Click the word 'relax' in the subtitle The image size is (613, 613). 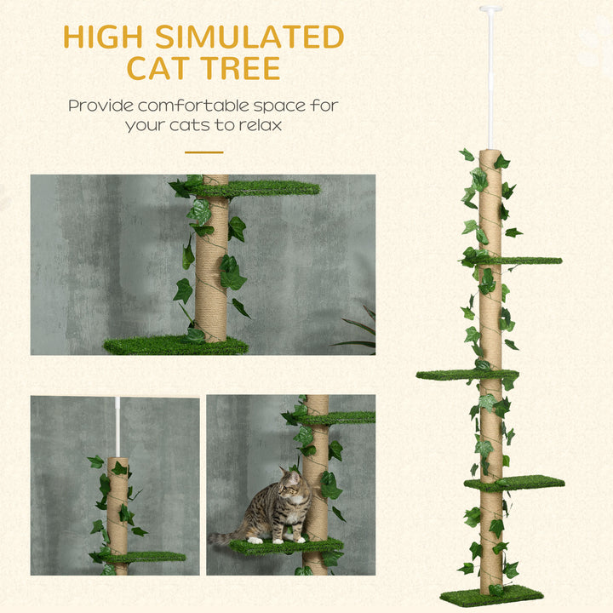[258, 125]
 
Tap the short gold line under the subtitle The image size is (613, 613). [203, 152]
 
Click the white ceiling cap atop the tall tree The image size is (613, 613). [490, 9]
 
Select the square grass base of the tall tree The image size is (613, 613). [492, 594]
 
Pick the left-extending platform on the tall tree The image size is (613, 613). [455, 375]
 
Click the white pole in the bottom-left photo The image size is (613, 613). [117, 426]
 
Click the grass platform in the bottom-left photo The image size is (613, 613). [145, 557]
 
